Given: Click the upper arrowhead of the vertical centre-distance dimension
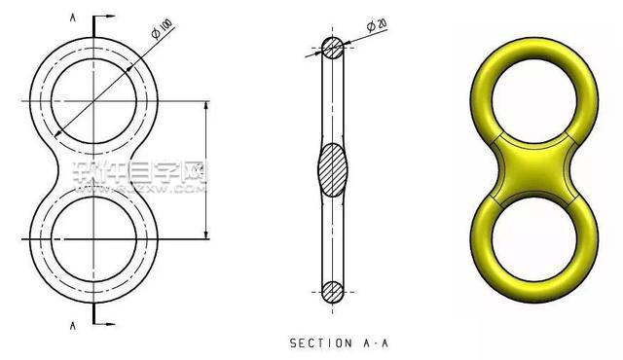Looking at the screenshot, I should coord(206,105).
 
